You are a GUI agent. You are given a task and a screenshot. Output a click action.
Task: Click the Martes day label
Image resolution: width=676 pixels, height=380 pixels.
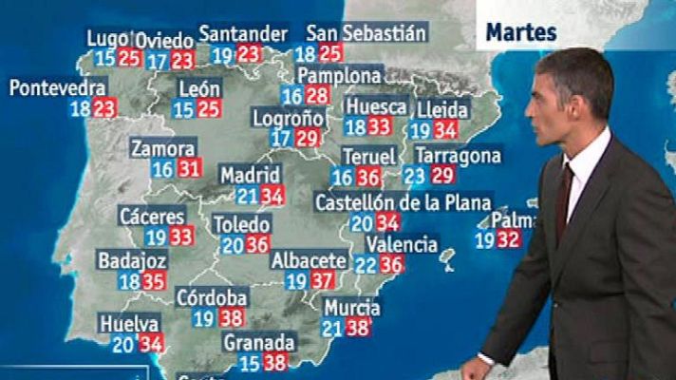point(521,32)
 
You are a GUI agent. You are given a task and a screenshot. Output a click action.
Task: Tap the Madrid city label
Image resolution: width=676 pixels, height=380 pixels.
point(251,176)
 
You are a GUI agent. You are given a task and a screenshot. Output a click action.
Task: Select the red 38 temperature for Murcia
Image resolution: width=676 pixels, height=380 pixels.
point(358,329)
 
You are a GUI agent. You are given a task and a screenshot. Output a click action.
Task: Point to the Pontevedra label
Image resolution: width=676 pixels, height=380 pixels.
point(57,87)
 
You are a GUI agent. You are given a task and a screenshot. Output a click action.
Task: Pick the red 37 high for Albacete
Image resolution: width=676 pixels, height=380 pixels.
point(323,280)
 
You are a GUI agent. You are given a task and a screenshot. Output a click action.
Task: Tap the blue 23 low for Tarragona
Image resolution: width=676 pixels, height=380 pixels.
point(415,175)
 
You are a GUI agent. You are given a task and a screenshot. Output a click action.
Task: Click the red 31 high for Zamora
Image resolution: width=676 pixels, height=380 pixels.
point(190,169)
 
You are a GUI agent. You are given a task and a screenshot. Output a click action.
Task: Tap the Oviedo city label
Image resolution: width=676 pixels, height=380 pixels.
point(165,41)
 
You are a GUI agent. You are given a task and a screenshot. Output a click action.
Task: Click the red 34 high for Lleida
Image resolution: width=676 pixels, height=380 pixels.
point(444,131)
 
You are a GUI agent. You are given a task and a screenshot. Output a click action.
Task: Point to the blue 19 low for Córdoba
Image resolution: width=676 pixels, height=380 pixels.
point(204,318)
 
